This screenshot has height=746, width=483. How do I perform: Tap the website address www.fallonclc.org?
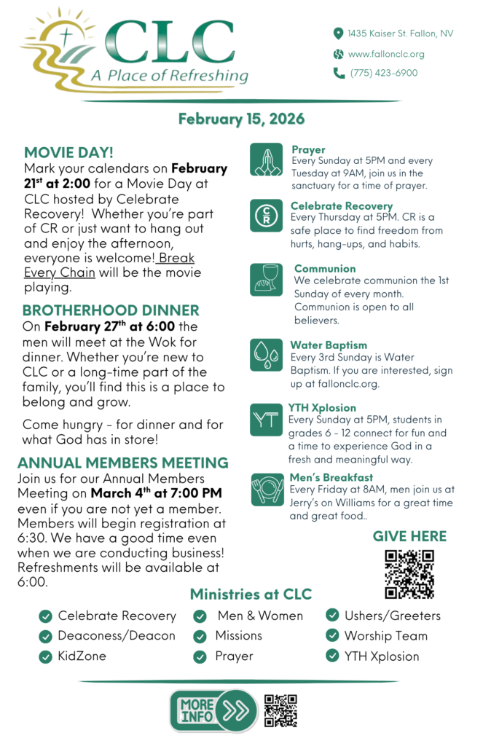pos(385,54)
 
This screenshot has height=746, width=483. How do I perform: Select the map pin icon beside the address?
pos(338,34)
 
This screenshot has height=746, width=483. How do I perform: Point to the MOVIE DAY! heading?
pos(68,152)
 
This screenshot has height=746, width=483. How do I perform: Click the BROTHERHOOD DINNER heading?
pos(111,310)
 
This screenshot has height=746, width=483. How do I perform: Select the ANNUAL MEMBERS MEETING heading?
pos(122,463)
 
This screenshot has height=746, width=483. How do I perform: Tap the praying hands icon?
pos(266,160)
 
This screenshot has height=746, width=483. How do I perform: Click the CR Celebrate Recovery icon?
pos(266,216)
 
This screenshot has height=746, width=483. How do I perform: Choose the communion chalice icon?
pos(266,279)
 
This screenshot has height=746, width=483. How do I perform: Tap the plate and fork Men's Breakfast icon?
pos(266,489)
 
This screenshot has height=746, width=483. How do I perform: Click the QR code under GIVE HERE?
pos(409,574)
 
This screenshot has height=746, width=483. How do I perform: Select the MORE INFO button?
pos(213,711)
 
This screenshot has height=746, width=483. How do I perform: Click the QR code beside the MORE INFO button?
pos(280,711)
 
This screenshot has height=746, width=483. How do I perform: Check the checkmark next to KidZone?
pos(45,656)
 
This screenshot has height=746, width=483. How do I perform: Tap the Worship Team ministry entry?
pos(385,636)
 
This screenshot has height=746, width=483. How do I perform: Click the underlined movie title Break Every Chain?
pos(109,266)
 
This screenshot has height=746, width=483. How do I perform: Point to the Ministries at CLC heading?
pos(251,594)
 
